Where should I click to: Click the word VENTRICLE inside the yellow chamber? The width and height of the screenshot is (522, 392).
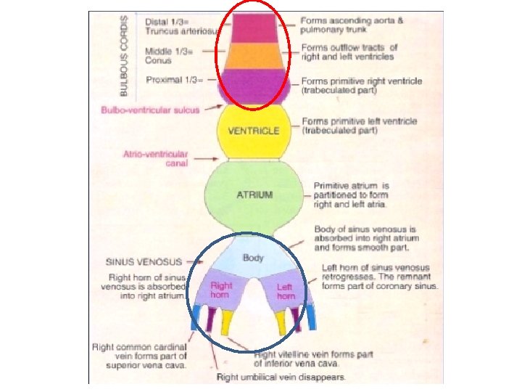253,131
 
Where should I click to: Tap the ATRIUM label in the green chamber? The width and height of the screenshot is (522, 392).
254,195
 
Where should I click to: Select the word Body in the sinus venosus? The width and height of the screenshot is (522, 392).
253,258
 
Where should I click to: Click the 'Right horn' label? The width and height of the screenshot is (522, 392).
221,290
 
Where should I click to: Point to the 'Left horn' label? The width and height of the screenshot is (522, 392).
286,292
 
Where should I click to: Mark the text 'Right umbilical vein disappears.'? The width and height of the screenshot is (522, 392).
281,377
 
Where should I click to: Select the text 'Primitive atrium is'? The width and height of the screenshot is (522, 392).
351,187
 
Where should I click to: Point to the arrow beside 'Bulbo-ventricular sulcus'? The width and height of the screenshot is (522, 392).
213,108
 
